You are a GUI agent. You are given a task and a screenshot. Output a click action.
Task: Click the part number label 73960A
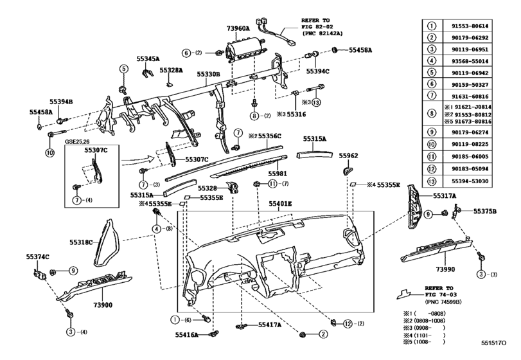point(237,30)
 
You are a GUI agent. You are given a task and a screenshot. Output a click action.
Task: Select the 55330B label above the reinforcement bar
point(209,75)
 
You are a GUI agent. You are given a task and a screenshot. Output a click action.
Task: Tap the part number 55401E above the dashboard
point(280,204)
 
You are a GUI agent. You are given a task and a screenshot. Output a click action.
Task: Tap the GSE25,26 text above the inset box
point(77,141)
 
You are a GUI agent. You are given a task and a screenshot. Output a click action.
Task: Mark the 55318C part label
point(82,242)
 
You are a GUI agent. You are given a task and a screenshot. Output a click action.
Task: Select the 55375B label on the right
point(485,211)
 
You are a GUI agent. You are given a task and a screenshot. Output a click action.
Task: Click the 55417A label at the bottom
point(270,326)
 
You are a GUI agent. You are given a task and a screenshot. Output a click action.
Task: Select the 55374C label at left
point(38,256)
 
